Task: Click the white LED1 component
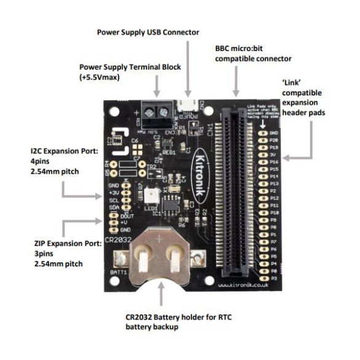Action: click(x=150, y=196)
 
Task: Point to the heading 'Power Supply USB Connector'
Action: click(x=148, y=31)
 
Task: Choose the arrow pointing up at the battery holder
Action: click(x=161, y=297)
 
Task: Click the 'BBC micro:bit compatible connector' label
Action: click(x=253, y=53)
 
